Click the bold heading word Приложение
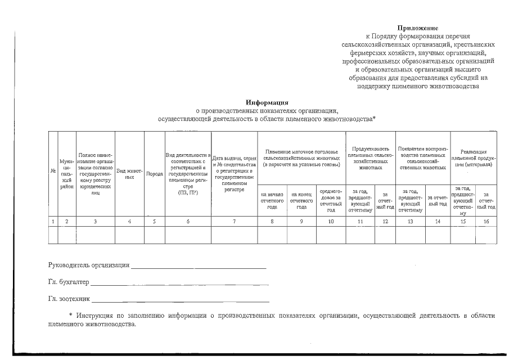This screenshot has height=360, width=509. pyautogui.click(x=417, y=28)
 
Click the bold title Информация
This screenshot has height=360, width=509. pyautogui.click(x=267, y=103)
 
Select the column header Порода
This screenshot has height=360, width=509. pyautogui.click(x=154, y=174)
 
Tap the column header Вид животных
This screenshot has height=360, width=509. pyautogui.click(x=129, y=173)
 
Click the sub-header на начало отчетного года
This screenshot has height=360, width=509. pyautogui.click(x=272, y=200)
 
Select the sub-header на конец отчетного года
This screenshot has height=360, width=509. pyautogui.click(x=301, y=200)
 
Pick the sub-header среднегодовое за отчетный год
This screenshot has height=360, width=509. pyautogui.click(x=331, y=200)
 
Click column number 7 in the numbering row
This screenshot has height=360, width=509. pyautogui.click(x=234, y=221)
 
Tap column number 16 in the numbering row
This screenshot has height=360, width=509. pyautogui.click(x=486, y=221)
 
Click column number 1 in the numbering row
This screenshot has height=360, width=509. pyautogui.click(x=53, y=221)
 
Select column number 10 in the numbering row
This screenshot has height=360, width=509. pyautogui.click(x=331, y=221)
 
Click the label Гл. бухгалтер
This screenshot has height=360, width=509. pyautogui.click(x=69, y=282)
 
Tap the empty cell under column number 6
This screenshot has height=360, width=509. pyautogui.click(x=187, y=235)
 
